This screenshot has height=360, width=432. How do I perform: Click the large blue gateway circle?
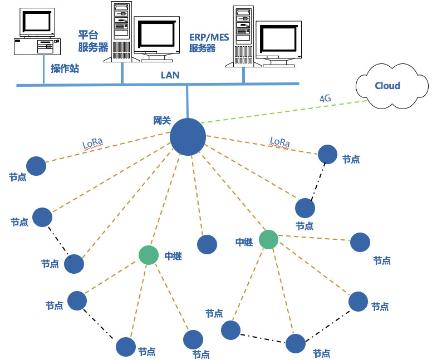pyautogui.click(x=188, y=136)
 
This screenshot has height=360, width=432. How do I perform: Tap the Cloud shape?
pyautogui.click(x=387, y=86)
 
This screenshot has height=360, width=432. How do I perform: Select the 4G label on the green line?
pyautogui.click(x=325, y=98)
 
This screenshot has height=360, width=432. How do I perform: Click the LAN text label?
pyautogui.click(x=170, y=75)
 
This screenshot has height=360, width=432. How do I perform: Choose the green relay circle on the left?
pyautogui.click(x=149, y=254)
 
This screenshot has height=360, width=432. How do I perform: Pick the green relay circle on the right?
pyautogui.click(x=268, y=239)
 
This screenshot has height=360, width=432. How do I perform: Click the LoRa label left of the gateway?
pyautogui.click(x=92, y=145)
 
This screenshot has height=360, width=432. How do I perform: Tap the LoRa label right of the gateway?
pyautogui.click(x=279, y=142)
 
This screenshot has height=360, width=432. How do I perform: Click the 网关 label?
pyautogui.click(x=161, y=120)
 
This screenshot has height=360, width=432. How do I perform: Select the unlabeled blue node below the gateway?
pyautogui.click(x=207, y=244)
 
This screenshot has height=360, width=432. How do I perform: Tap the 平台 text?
pyautogui.click(x=88, y=36)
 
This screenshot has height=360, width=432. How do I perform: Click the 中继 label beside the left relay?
pyautogui.click(x=174, y=256)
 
